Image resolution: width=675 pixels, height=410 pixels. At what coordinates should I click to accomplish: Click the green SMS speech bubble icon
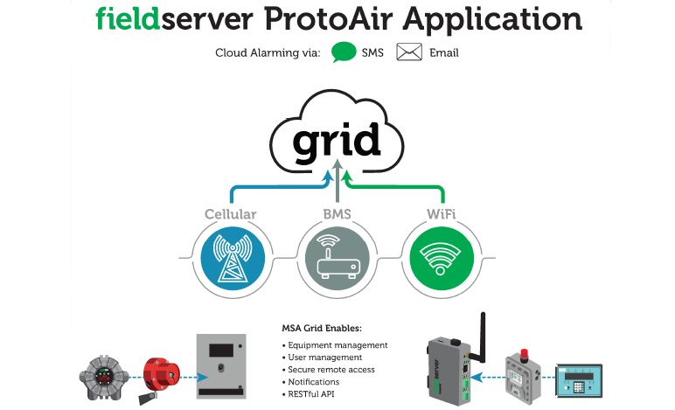coord(344,52)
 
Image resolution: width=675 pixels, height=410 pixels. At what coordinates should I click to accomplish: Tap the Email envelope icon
coord(409,52)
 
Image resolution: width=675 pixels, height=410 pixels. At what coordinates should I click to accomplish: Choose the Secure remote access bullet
coord(328,370)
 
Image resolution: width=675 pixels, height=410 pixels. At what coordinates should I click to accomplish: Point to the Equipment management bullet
coord(335,345)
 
